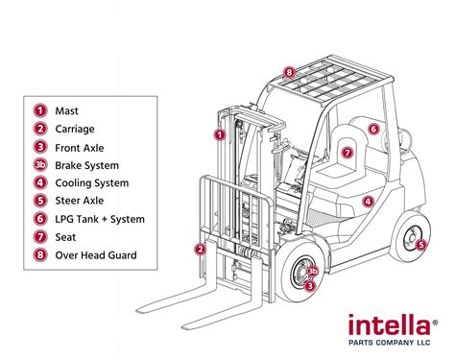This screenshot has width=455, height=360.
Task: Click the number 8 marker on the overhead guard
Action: pos(289,72)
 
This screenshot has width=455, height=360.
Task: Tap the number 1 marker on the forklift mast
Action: pos(220,134)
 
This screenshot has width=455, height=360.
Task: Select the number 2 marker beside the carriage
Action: pos(201,249)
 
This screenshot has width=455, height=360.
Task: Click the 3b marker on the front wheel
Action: pos(313,271)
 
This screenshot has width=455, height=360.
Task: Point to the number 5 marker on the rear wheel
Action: pos(421,245)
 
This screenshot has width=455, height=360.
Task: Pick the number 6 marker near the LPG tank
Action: pos(373,129)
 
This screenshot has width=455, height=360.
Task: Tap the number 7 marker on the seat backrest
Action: pos(347,153)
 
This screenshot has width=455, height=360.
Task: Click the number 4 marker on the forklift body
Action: pos(369,202)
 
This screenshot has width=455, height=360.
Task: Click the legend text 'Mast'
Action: pos(66,110)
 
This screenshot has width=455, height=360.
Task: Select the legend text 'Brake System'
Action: pos(86,165)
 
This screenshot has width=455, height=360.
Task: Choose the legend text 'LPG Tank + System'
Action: pos(100,219)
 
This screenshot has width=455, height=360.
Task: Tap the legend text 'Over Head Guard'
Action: pos(96,255)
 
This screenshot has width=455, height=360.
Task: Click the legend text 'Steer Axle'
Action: pos(80,201)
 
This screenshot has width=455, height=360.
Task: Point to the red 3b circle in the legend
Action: pos(40,165)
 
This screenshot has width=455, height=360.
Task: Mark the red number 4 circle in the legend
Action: pos(40,182)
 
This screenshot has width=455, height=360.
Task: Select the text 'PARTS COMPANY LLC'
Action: pos(389,343)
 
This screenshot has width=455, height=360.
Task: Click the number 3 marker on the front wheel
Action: pos(309,285)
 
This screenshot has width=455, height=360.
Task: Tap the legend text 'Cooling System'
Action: pos(92,183)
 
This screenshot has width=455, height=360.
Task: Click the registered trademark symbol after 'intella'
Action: pos(435,323)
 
